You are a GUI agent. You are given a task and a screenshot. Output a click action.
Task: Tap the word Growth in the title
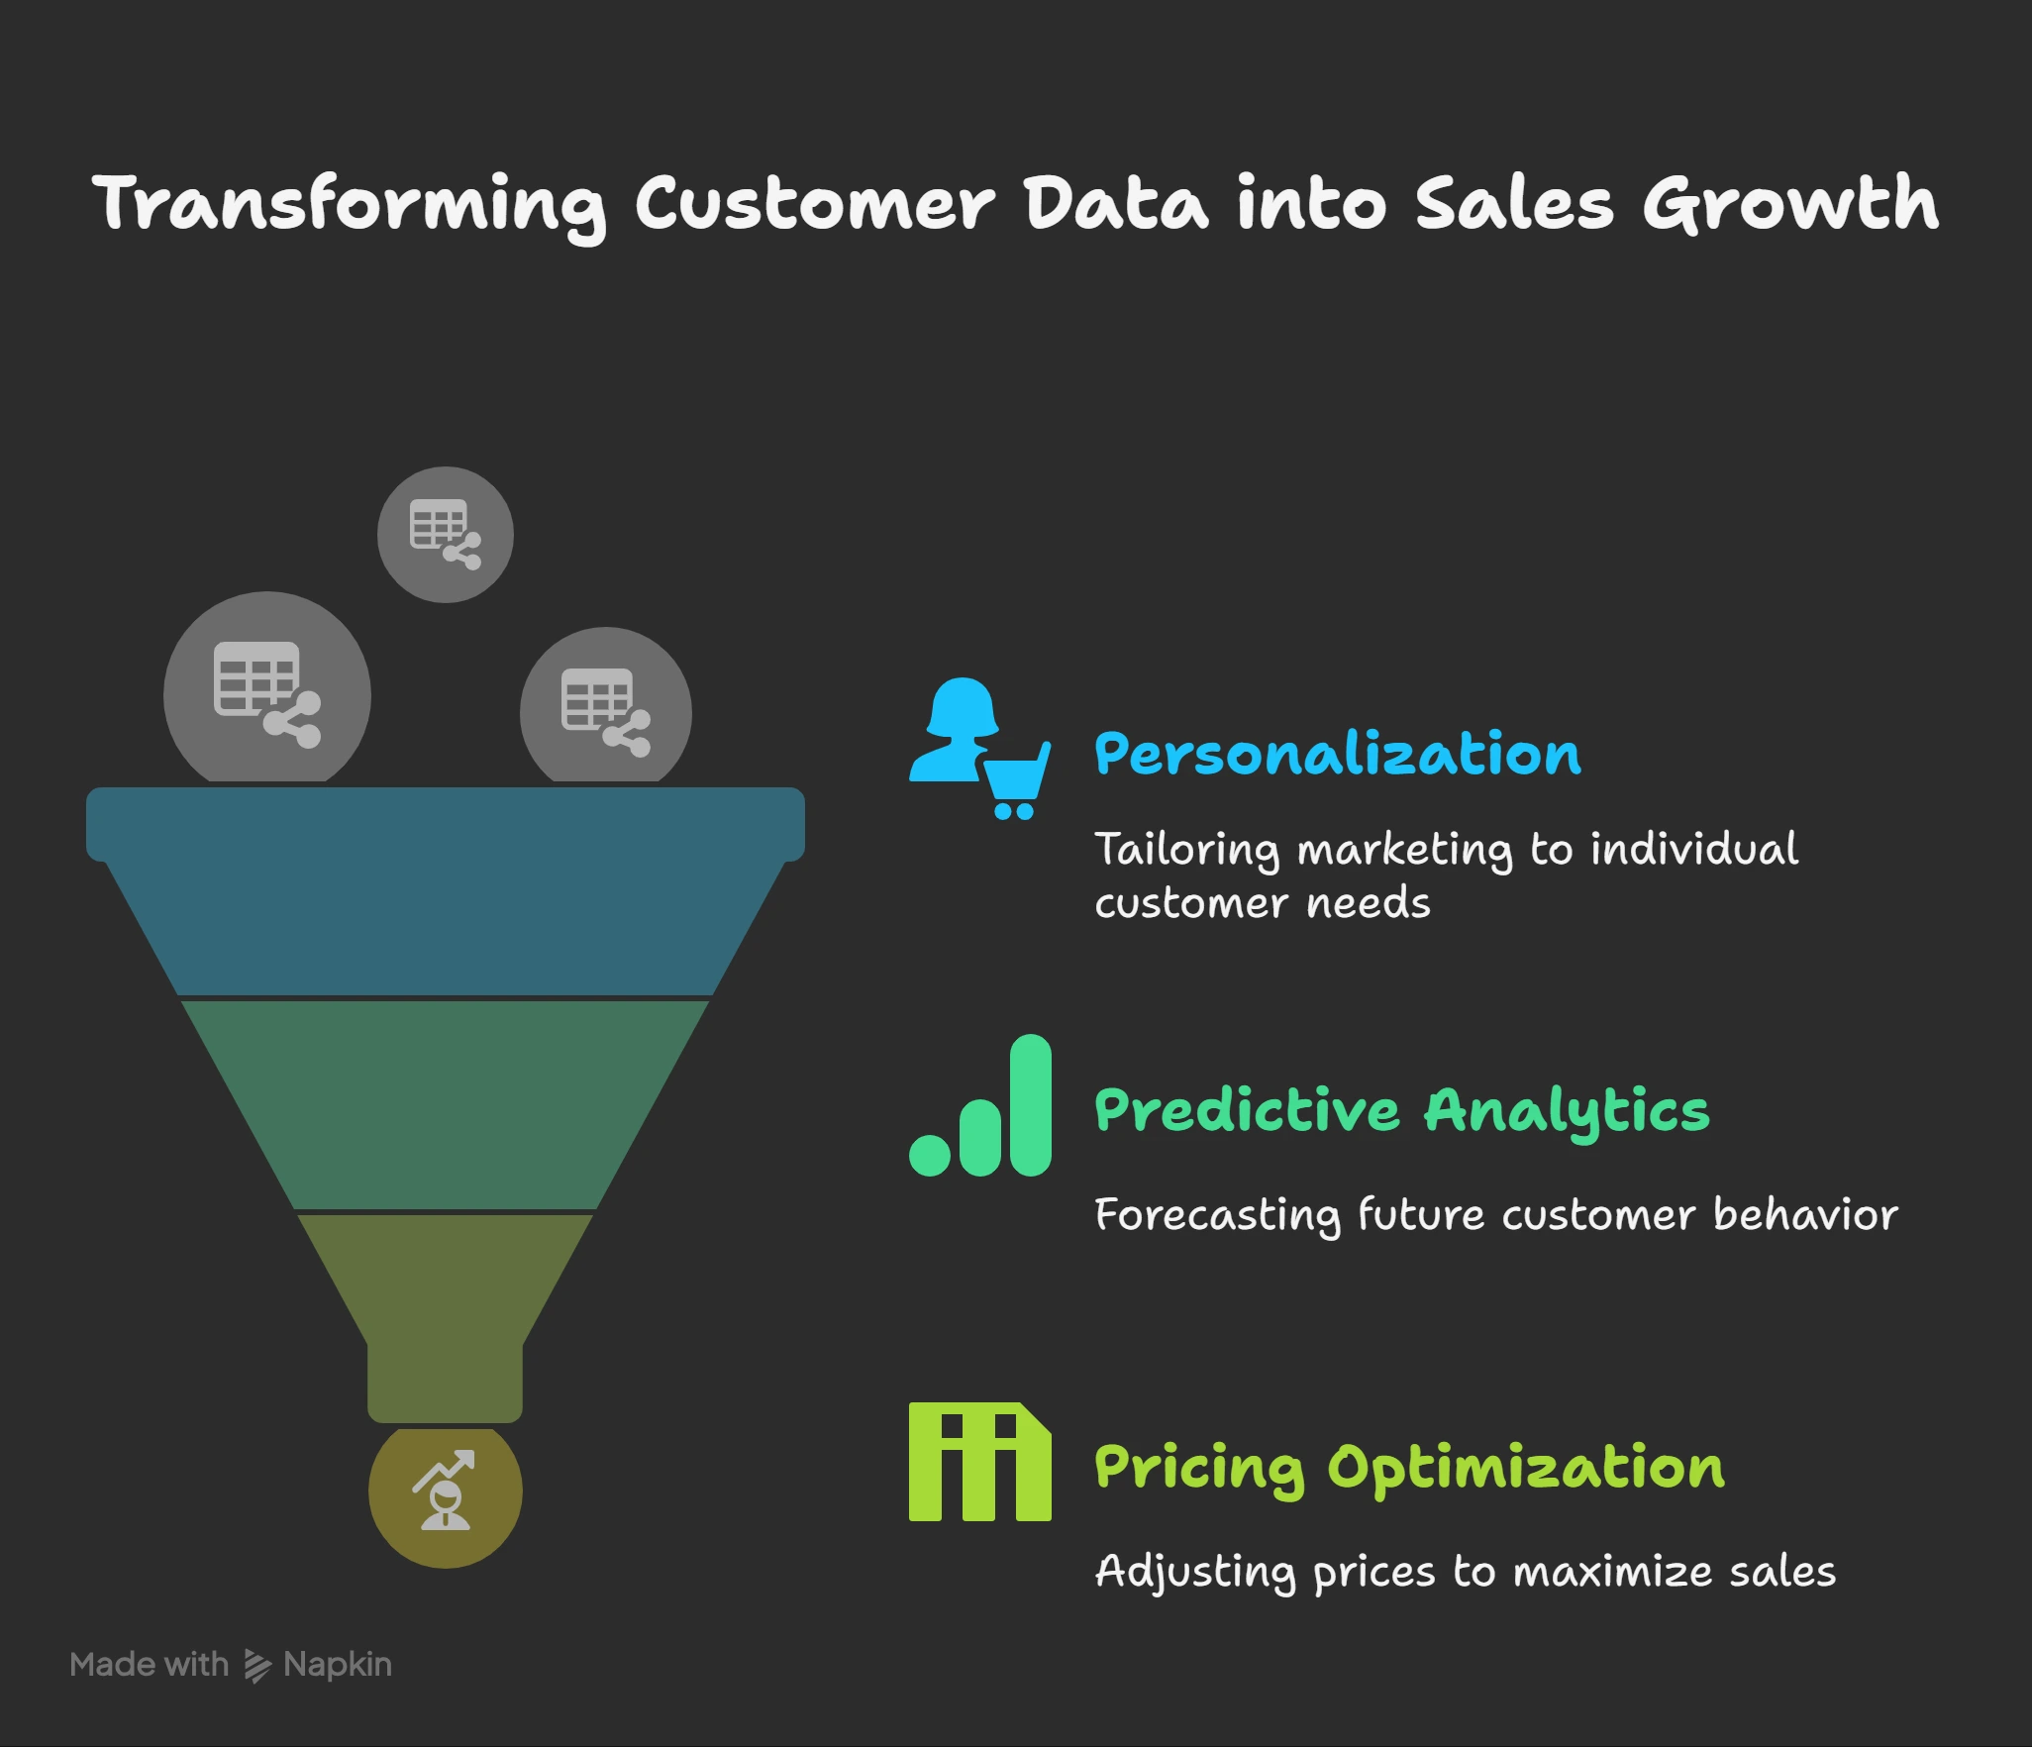tap(1790, 205)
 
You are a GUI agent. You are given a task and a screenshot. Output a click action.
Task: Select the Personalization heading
tap(1337, 755)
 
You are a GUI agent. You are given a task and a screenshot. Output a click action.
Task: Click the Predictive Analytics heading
tap(1401, 1110)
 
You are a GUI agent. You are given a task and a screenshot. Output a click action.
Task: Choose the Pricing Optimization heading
tap(1409, 1468)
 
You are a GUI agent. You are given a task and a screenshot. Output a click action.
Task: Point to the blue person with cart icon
tap(978, 748)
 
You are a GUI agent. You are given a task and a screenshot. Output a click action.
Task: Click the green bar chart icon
tap(980, 1106)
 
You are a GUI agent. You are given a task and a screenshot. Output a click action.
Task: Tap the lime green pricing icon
tap(979, 1462)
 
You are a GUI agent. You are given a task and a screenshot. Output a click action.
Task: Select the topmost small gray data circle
tap(446, 535)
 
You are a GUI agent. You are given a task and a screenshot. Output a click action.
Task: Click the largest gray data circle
tap(267, 693)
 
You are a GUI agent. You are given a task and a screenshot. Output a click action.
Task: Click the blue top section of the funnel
tap(446, 891)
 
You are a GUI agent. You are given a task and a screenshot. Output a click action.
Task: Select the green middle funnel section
tap(446, 1104)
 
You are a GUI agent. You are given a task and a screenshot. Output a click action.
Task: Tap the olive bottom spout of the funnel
tap(446, 1317)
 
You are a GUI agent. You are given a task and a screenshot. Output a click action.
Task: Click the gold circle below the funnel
tap(446, 1491)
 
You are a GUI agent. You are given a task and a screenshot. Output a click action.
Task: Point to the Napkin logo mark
tap(256, 1666)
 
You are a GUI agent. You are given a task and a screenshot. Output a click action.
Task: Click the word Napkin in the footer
tap(338, 1666)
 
